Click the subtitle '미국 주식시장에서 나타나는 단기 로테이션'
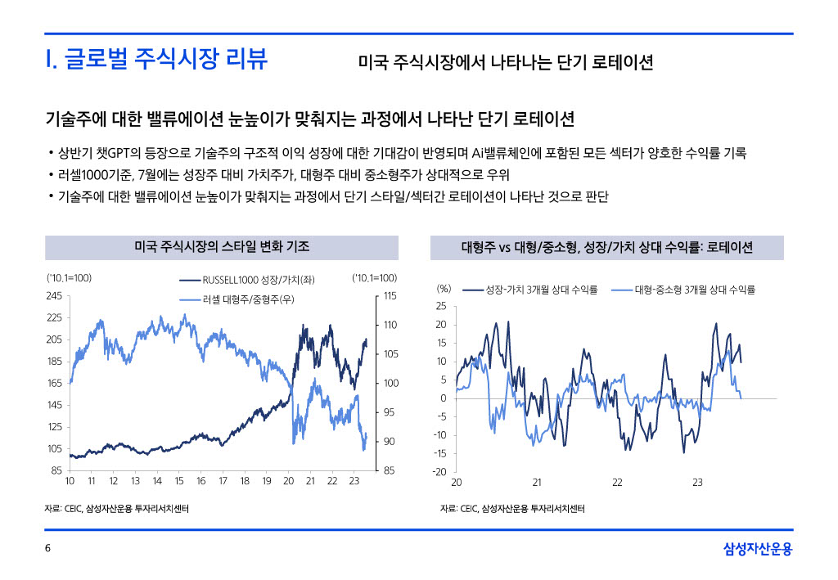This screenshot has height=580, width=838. (x=506, y=63)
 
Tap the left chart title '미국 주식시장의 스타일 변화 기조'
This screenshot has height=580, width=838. (x=221, y=246)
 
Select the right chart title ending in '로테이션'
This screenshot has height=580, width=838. (x=606, y=247)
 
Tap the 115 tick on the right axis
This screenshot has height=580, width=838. (x=390, y=295)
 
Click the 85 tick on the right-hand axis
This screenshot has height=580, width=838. (x=390, y=470)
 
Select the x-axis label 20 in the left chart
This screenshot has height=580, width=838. (x=288, y=482)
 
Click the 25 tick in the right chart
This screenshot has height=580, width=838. (x=441, y=307)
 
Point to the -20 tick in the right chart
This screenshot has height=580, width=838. (x=439, y=472)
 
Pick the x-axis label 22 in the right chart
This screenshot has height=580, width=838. (x=617, y=483)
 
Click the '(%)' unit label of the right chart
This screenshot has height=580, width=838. (x=444, y=289)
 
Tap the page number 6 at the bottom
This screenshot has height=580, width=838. (x=48, y=548)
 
